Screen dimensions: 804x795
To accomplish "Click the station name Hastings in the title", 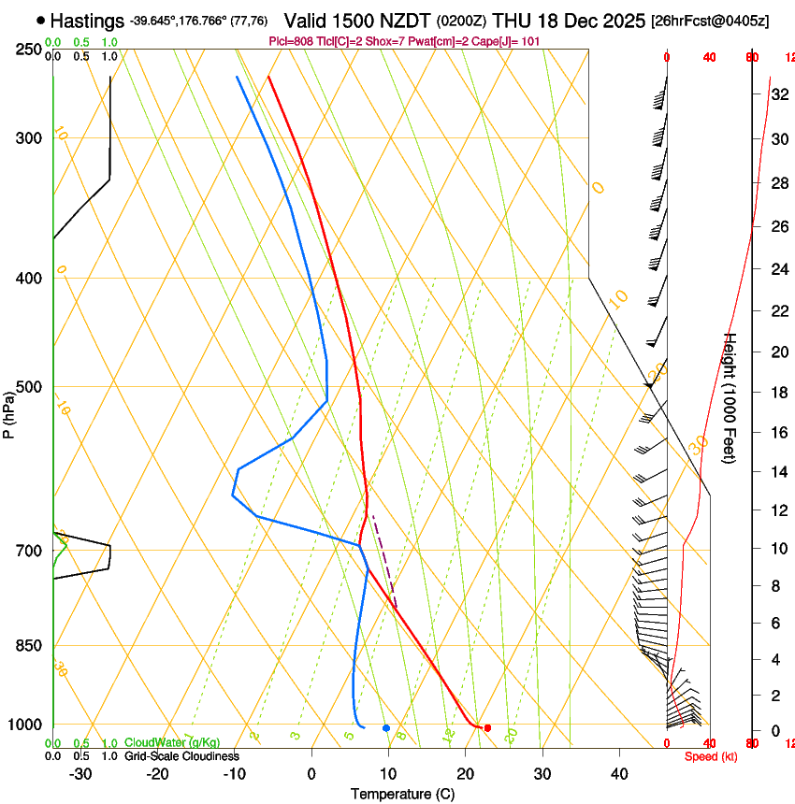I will [88, 20].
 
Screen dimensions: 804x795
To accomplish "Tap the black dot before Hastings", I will [40, 20].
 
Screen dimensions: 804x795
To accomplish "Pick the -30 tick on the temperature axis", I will [80, 774].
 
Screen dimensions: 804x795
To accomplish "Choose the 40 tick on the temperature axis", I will [618, 774].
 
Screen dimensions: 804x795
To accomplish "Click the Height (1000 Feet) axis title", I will [730, 397].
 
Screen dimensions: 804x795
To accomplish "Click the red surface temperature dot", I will [487, 727].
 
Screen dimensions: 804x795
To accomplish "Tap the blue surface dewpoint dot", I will [386, 727].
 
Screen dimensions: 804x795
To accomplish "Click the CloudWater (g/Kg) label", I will [173, 744].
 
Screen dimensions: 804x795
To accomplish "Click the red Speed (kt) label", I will [710, 756].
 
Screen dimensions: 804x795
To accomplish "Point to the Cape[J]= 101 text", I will [516, 42].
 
